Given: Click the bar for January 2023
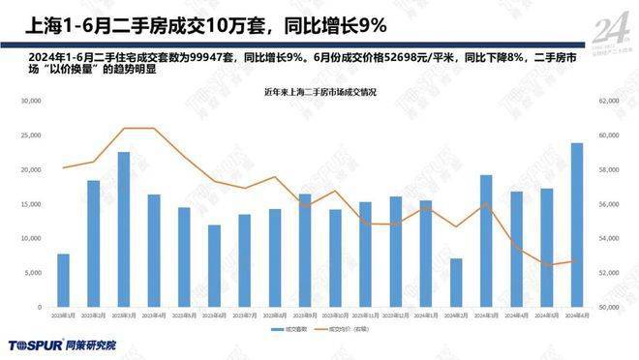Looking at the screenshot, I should [x=63, y=281].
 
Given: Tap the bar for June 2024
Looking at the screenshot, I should [x=576, y=225].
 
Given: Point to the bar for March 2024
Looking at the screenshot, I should [x=486, y=241].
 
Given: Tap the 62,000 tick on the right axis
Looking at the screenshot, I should [x=608, y=101].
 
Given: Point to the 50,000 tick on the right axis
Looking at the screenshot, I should [x=608, y=308].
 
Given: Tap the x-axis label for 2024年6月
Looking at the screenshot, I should [x=576, y=316].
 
